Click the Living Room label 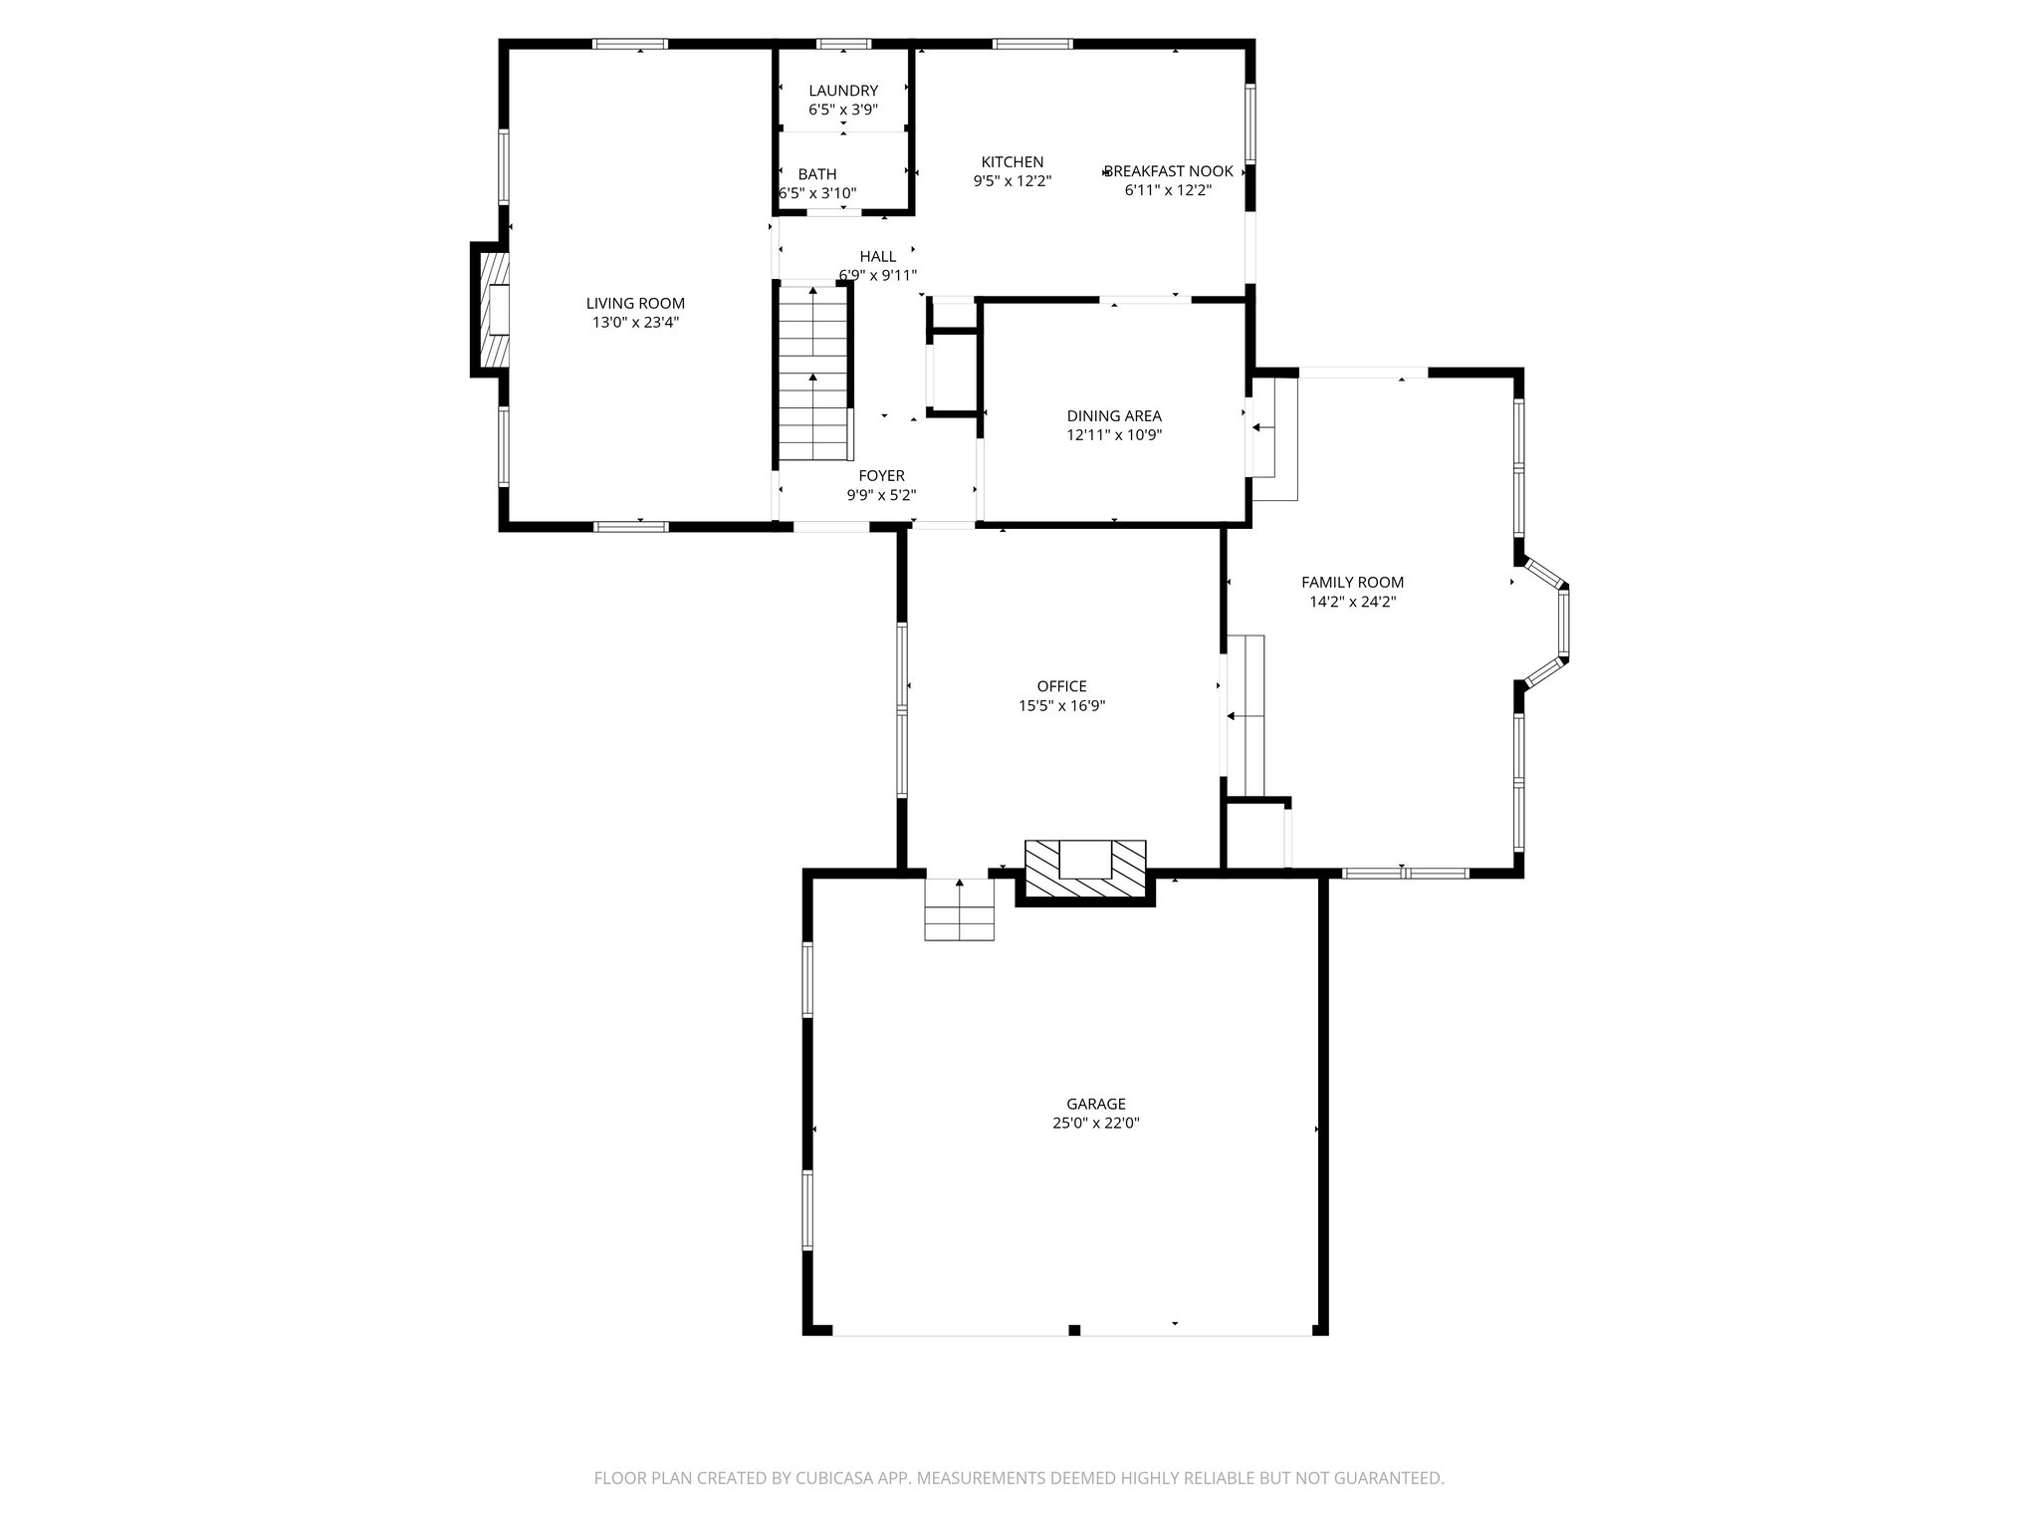coord(635,304)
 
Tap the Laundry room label coord(843,91)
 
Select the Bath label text coord(817,174)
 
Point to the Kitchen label coord(1013,162)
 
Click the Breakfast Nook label coord(1169,171)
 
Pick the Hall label coord(877,257)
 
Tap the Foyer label coord(881,476)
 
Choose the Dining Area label coord(1114,416)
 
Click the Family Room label coord(1352,583)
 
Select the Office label coord(1061,686)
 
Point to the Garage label coord(1096,1104)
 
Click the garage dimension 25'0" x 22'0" coord(1096,1123)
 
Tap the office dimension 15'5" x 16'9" coord(1061,706)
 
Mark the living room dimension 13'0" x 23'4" coord(635,323)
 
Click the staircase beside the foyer coord(814,374)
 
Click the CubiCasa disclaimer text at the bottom coord(1019,1478)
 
